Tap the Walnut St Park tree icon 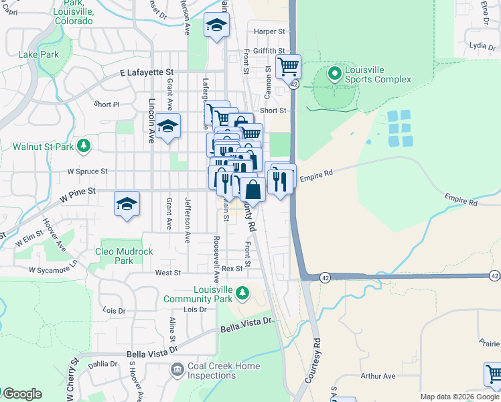(x=84, y=145)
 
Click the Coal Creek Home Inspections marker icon (x=177, y=368)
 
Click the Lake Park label (x=39, y=54)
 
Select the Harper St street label (x=270, y=31)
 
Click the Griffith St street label (x=269, y=50)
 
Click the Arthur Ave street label (x=379, y=377)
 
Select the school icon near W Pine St (x=127, y=204)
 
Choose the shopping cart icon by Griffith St (x=288, y=66)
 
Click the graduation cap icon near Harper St (x=216, y=25)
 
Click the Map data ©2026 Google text (x=459, y=397)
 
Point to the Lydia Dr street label (x=482, y=46)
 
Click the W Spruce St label (x=87, y=172)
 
